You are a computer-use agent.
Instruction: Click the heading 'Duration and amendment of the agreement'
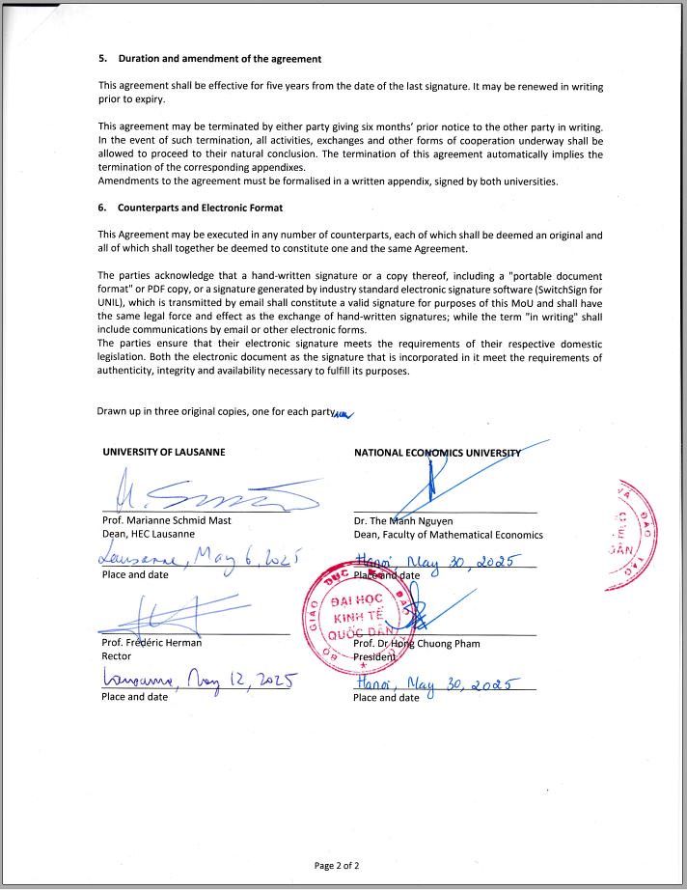(219, 59)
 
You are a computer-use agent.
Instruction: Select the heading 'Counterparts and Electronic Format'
(200, 208)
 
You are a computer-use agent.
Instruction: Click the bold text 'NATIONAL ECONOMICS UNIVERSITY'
(437, 453)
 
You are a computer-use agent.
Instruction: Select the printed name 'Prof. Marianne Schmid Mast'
(166, 520)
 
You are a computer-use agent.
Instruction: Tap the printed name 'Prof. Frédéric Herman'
(151, 643)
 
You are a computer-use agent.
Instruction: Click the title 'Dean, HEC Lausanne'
(148, 534)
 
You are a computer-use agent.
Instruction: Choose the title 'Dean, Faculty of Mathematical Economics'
(448, 535)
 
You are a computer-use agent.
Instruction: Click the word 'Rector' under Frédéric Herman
(117, 656)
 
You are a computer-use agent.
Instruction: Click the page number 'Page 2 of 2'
(338, 865)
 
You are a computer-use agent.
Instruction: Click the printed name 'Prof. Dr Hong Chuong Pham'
(417, 644)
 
